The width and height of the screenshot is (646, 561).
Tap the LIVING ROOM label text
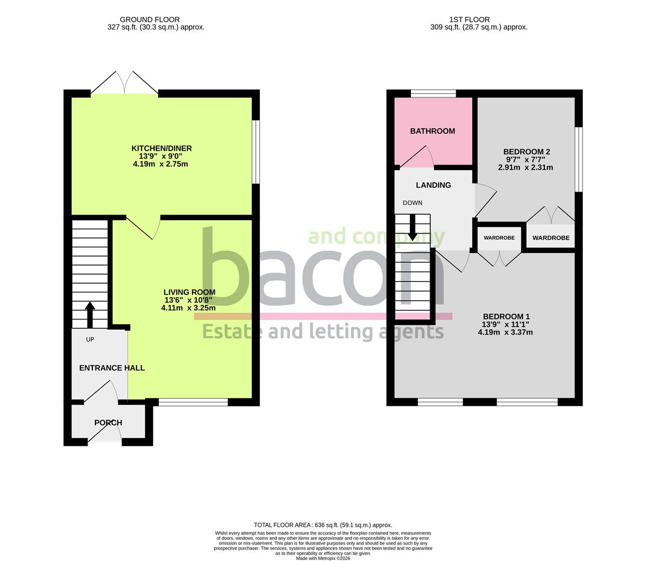[x=189, y=292]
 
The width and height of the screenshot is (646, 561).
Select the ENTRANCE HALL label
[x=112, y=368]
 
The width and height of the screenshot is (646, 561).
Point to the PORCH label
[x=108, y=422]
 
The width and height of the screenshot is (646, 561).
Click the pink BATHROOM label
[x=433, y=131]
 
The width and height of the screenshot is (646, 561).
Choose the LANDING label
[x=433, y=185]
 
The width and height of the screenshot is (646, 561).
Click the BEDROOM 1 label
[x=506, y=316]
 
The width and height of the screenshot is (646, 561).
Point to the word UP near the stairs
[x=90, y=339]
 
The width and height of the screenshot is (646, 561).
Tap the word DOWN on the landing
[x=413, y=203]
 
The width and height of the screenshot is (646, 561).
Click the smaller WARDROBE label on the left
[x=499, y=238]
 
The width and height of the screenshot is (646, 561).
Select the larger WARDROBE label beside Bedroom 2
[x=551, y=238]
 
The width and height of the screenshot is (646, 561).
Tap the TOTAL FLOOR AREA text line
[x=323, y=525]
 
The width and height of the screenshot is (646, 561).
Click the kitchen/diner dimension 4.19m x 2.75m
[x=160, y=164]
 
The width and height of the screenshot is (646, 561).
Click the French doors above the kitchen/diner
[x=125, y=83]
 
